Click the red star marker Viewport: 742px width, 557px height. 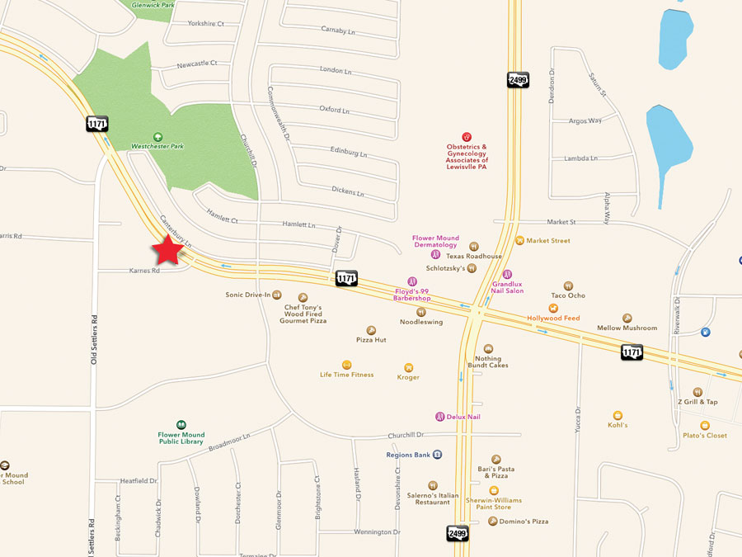click(169, 250)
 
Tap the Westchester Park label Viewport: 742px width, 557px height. click(157, 146)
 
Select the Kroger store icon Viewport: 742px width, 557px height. click(408, 367)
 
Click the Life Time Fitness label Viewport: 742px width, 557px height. click(346, 375)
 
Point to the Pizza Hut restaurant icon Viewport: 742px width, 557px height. click(371, 330)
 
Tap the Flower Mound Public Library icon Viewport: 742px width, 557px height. click(181, 424)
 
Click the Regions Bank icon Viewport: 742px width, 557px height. click(438, 454)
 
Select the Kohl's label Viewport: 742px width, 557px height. click(618, 425)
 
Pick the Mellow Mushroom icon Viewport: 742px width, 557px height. click(627, 318)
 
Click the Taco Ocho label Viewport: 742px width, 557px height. click(568, 295)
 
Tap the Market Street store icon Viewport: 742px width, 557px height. click(519, 240)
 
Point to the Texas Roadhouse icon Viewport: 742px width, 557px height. click(474, 246)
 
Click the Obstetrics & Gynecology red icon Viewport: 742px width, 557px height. click(467, 137)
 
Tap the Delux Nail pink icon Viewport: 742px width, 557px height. click(440, 417)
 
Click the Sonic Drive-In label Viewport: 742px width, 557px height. click(248, 295)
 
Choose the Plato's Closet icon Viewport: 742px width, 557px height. click(705, 425)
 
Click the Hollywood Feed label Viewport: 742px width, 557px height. click(553, 319)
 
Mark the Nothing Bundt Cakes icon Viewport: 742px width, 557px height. click(488, 349)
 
